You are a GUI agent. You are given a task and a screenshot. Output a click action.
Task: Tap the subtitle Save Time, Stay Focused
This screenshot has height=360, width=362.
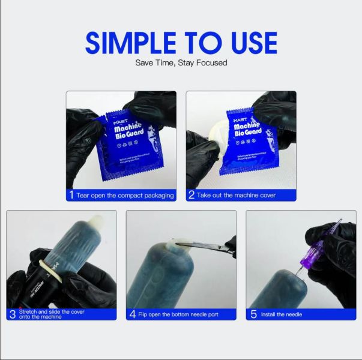tap(181, 62)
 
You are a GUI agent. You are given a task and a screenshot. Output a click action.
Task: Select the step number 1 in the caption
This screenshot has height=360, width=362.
tap(71, 195)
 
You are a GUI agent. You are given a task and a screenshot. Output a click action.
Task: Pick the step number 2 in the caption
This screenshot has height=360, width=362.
tap(191, 195)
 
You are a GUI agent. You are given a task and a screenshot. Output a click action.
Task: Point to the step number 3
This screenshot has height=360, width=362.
tap(12, 314)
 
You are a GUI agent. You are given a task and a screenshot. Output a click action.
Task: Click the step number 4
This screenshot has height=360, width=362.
tap(132, 314)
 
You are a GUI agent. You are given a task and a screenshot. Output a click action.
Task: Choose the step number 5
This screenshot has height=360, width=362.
tap(253, 314)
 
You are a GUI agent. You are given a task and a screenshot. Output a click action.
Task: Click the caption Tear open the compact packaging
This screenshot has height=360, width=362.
tap(125, 195)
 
